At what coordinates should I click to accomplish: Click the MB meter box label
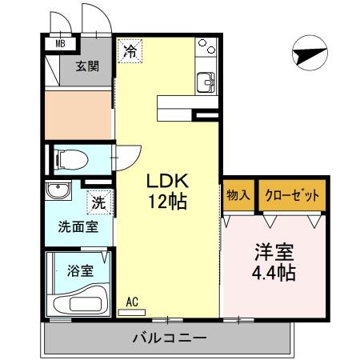60,44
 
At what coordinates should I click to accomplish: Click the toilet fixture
73,158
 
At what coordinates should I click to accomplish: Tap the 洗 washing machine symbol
98,203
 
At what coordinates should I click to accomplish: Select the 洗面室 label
78,226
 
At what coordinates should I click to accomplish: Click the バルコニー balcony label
169,338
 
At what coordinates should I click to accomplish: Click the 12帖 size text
167,202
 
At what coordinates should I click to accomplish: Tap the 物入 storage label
238,195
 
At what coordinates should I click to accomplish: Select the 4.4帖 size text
274,273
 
